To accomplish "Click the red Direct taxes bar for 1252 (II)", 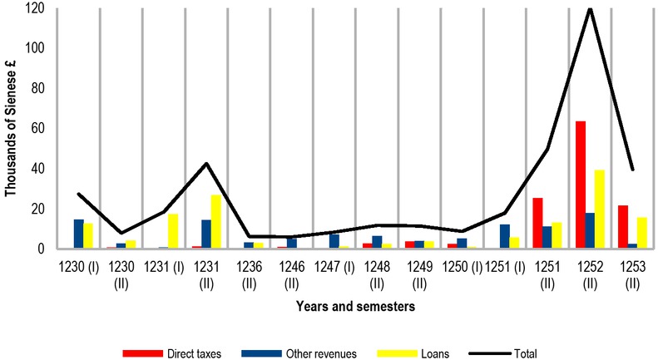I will click(579, 185).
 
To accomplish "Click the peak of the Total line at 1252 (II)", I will click(590, 9).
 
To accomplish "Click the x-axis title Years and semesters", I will click(356, 307).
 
